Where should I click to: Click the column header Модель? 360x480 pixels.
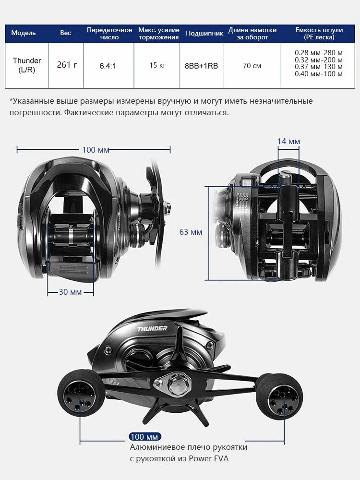tap(24, 33)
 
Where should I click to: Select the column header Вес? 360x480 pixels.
tap(65, 33)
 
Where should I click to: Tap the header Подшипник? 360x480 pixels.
tap(204, 34)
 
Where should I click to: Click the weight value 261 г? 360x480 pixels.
tap(67, 65)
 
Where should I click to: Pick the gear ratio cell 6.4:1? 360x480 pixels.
tap(108, 66)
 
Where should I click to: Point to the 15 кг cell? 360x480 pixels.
tap(157, 65)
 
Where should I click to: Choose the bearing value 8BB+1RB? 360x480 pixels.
tap(202, 66)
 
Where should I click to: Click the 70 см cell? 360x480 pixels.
tap(252, 65)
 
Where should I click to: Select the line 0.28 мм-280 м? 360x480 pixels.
tap(319, 53)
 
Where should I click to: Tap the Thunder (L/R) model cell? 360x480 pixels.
tap(27, 65)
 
